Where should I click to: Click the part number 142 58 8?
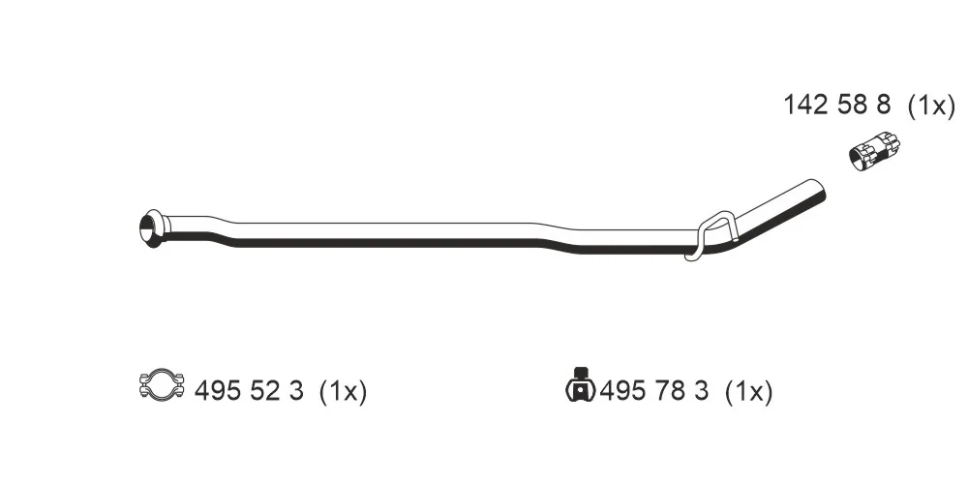(836, 105)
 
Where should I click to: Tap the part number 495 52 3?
(249, 391)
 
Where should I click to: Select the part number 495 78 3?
(653, 391)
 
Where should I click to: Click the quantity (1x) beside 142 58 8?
(931, 106)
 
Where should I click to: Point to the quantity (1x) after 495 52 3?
(344, 391)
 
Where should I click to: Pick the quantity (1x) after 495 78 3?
(749, 391)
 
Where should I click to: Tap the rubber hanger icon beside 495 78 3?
(580, 386)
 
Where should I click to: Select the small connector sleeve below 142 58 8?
(874, 152)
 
